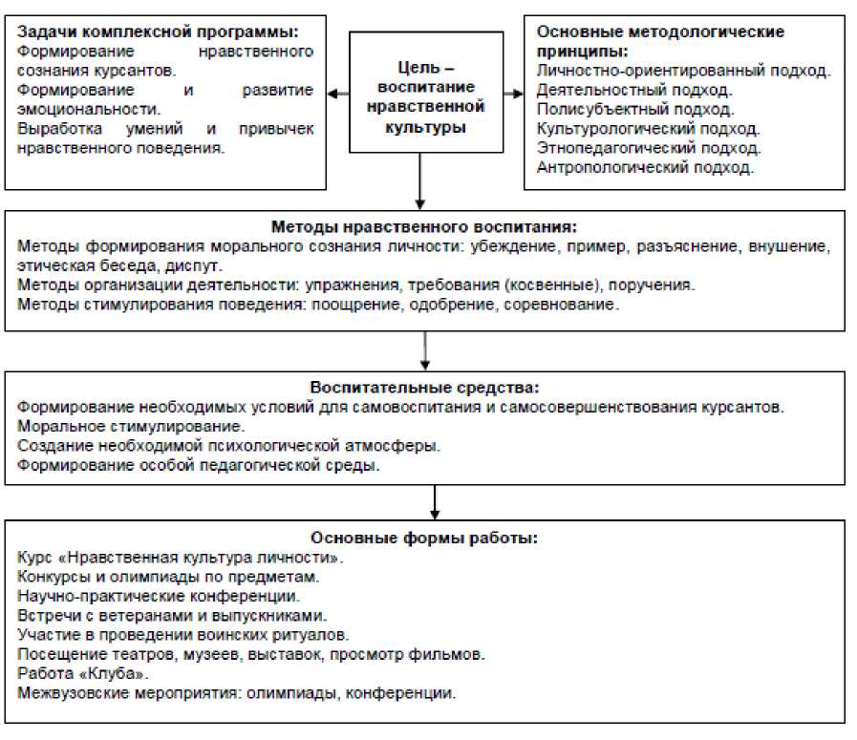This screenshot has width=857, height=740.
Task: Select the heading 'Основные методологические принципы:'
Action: pos(661,41)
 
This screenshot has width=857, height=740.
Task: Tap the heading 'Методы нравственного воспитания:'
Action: pos(424,227)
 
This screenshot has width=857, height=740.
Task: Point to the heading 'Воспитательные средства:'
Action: pos(424,388)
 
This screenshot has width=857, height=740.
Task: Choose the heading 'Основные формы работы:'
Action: pos(424,538)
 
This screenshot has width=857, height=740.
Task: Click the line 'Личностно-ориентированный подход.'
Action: pos(683,71)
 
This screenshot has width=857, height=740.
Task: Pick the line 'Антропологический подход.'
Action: pos(646,168)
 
